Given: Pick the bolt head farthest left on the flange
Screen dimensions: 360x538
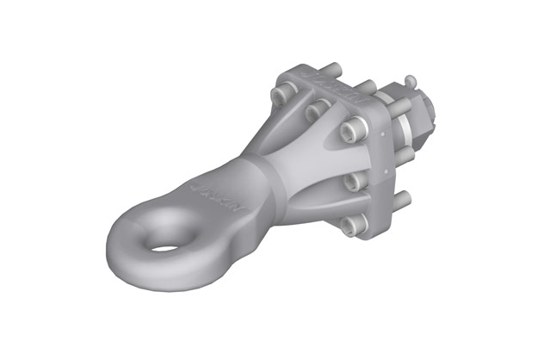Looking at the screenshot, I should pos(281,92).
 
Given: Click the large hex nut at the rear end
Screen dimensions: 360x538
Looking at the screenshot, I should pos(421,115).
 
